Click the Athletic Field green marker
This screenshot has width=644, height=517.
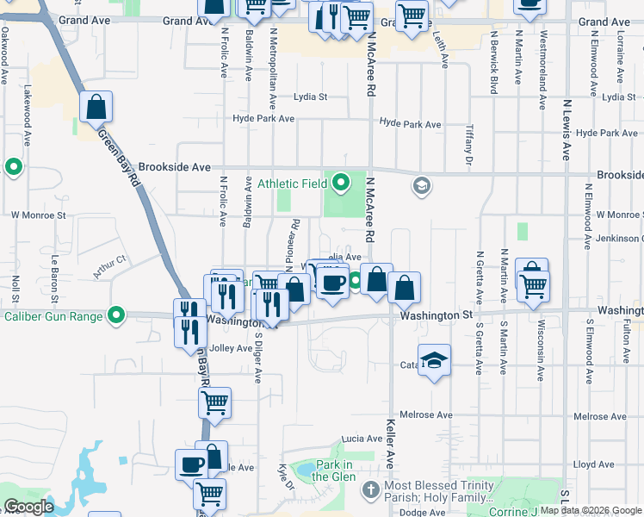coord(342,183)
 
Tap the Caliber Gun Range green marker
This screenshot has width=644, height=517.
coord(117,315)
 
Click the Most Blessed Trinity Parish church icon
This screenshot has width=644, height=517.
coord(370,490)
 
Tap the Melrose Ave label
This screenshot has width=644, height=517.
coord(432,415)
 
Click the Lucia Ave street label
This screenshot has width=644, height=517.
coord(361,439)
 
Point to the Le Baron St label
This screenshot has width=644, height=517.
coord(53,271)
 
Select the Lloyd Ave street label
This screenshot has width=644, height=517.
coord(593,464)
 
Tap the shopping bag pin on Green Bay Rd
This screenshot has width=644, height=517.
coord(96,108)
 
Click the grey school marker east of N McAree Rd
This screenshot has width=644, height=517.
coord(421,184)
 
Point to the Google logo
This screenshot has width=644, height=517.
coord(28,507)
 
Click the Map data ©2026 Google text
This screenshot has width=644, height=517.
coord(591,510)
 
